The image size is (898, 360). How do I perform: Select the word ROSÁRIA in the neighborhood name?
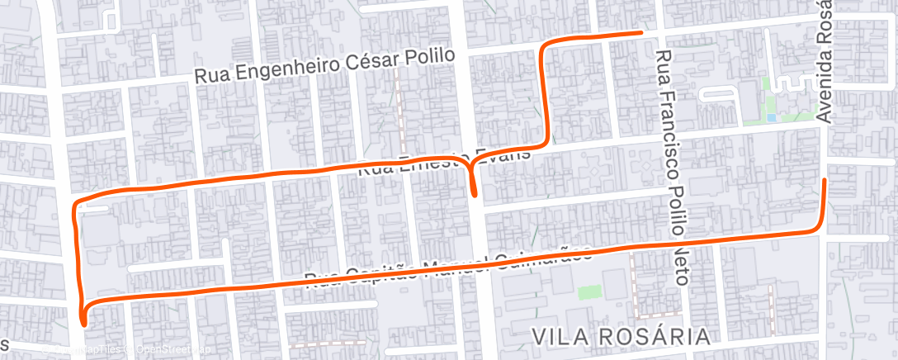click(x=656, y=337)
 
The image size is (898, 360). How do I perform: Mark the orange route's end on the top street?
click(x=640, y=33)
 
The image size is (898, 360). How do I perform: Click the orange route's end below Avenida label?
click(x=825, y=179)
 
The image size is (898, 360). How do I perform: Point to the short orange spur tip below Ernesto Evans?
click(x=475, y=194)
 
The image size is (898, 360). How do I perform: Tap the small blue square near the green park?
click(x=771, y=118)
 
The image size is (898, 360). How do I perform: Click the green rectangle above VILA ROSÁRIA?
click(x=588, y=292)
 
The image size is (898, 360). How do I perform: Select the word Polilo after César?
click(x=430, y=55)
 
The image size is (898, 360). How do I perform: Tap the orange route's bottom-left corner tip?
click(x=83, y=320)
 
